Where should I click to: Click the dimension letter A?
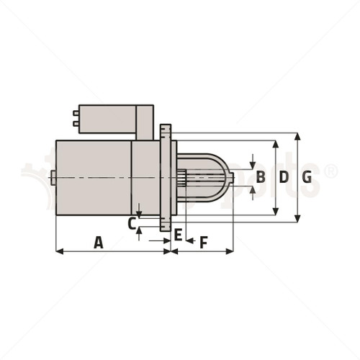point(99,243)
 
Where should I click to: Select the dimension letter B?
point(261,176)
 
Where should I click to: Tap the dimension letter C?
point(131,223)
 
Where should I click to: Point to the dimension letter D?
point(284,177)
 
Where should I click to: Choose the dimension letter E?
point(178,234)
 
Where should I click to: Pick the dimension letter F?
point(203,243)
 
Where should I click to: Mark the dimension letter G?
point(307,177)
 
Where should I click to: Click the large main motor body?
point(94,176)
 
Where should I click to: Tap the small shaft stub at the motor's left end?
point(53,176)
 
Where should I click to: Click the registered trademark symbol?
point(330,171)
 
